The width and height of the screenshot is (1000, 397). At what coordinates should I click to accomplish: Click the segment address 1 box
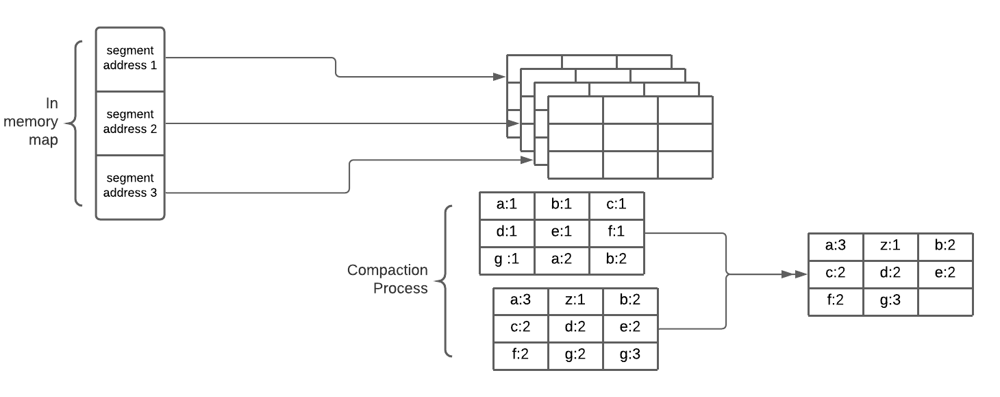pos(130,59)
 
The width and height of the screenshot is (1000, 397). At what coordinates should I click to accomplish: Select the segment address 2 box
pos(130,122)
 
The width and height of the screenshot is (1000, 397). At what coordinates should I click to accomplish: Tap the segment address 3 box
pos(130,186)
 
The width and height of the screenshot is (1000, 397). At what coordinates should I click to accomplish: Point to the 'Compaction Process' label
pos(388,279)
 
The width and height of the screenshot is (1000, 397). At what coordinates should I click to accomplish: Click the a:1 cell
pos(507,205)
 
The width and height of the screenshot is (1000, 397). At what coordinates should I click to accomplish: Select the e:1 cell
pos(562,232)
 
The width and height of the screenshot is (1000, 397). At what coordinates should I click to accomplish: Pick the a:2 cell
pos(562,260)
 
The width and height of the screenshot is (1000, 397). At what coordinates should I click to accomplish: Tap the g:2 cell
pos(575,356)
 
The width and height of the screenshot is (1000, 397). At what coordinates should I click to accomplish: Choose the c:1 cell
pos(616,205)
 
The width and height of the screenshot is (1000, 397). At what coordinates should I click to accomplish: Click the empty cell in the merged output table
pos(945,301)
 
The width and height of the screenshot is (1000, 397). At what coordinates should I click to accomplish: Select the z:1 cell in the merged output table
pos(890,246)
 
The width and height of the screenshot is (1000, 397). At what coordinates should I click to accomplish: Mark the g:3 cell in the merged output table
pos(890,301)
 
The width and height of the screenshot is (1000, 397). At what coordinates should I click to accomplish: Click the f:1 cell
pos(616,232)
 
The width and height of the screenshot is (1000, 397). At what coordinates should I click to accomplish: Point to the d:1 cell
pos(507,232)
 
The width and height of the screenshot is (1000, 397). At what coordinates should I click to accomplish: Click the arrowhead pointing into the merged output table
pos(800,274)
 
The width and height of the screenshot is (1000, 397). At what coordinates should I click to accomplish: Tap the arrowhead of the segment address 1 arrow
pos(501,77)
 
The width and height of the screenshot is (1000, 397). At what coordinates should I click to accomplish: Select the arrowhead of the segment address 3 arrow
pos(527,160)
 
